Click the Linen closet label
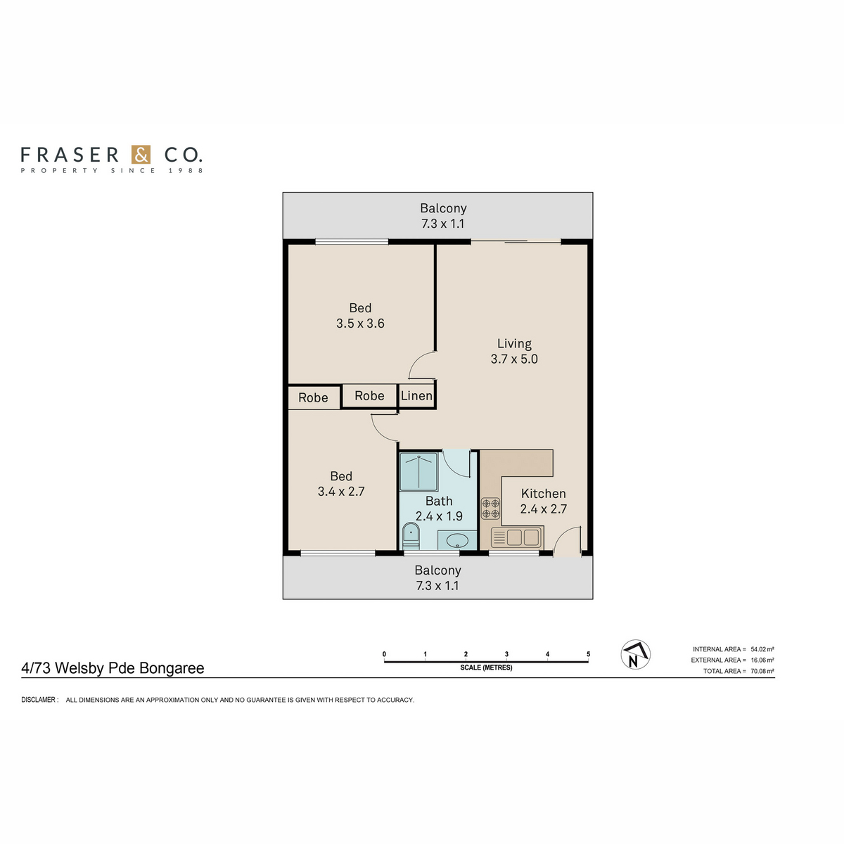click(x=416, y=396)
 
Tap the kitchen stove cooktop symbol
click(x=490, y=509)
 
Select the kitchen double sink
click(x=516, y=537)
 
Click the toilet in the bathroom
click(x=410, y=536)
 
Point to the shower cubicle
click(x=418, y=471)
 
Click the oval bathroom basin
click(x=457, y=540)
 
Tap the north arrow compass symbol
click(x=635, y=655)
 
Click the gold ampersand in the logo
click(x=141, y=155)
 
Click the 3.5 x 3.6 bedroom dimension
click(x=360, y=324)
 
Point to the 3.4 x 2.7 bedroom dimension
click(x=340, y=492)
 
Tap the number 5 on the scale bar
click(x=588, y=654)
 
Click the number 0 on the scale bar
click(x=384, y=654)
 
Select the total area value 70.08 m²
click(x=762, y=671)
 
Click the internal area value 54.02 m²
click(x=762, y=649)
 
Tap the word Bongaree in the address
click(x=172, y=668)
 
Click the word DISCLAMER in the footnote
click(x=39, y=699)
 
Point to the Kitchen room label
click(x=543, y=494)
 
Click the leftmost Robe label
click(x=313, y=397)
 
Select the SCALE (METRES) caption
click(x=486, y=667)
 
